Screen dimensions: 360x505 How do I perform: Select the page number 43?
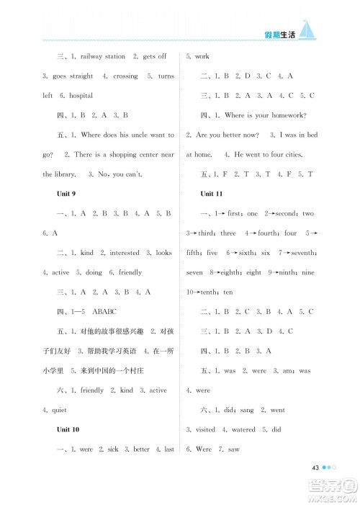[315, 468]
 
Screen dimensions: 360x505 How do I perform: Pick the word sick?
[114, 449]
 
